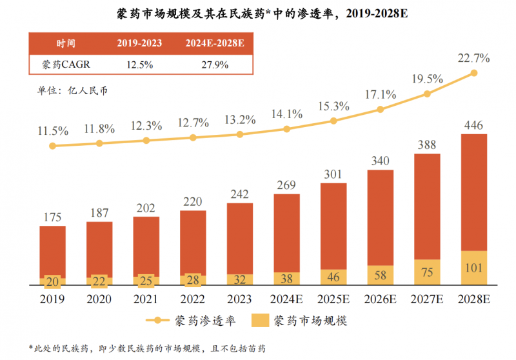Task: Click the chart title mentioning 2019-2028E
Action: click(258, 13)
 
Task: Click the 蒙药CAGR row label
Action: click(66, 65)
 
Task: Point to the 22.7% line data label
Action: click(474, 58)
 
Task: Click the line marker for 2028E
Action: click(474, 73)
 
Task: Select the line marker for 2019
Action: click(53, 146)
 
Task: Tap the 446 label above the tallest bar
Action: click(474, 125)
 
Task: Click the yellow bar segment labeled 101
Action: click(474, 268)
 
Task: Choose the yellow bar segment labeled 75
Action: click(427, 272)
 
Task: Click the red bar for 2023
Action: click(240, 239)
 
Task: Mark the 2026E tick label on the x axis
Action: click(381, 299)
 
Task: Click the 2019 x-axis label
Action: click(53, 299)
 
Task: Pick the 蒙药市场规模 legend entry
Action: click(300, 319)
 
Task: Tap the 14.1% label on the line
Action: click(287, 114)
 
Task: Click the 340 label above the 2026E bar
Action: click(381, 161)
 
